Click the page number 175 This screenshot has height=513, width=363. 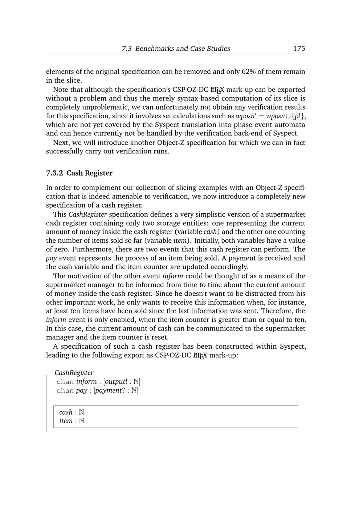coord(299,49)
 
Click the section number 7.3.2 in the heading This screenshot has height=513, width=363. coord(54,173)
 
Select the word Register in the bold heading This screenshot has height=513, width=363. coord(98,173)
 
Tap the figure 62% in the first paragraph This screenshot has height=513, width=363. coord(249,71)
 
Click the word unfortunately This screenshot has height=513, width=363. coord(175,107)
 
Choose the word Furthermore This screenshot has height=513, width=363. coord(94,249)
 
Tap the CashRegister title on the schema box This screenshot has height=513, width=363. coord(74,373)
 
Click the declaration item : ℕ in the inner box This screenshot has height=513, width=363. coord(72,421)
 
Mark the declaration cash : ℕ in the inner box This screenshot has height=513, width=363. coord(72,412)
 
